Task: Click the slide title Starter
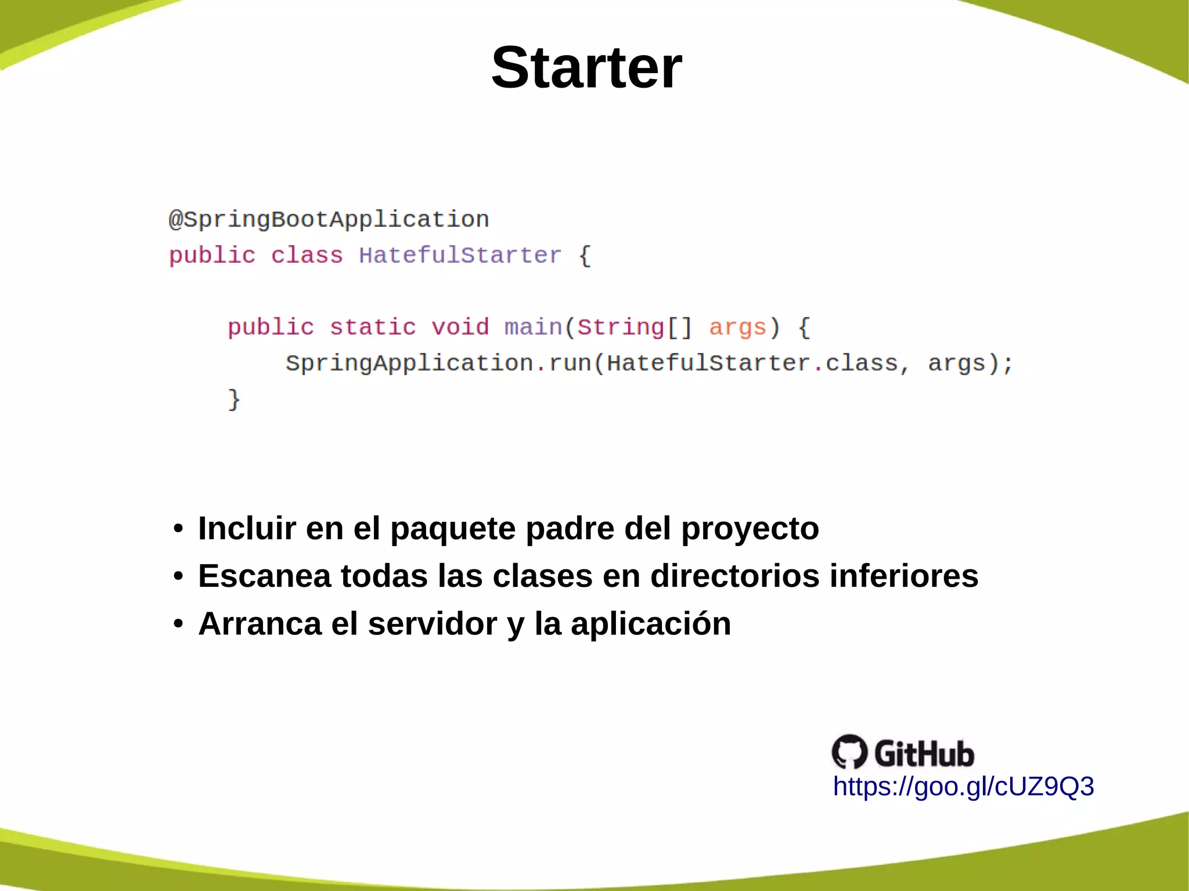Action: point(586,68)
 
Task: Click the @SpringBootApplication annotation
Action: point(329,219)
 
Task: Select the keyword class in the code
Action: point(307,255)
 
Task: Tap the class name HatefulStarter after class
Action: point(460,255)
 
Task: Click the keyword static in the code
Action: point(373,327)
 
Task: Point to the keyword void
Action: point(460,327)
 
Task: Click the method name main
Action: point(533,327)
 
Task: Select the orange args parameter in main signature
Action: point(737,327)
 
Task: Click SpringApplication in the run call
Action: point(409,363)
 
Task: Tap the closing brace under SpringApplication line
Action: point(233,400)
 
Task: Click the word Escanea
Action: point(264,576)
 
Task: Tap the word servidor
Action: point(432,624)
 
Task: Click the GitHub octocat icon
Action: point(849,752)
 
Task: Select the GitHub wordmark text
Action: point(924,753)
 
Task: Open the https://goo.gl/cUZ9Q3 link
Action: point(963,787)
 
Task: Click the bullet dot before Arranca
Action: point(178,624)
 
